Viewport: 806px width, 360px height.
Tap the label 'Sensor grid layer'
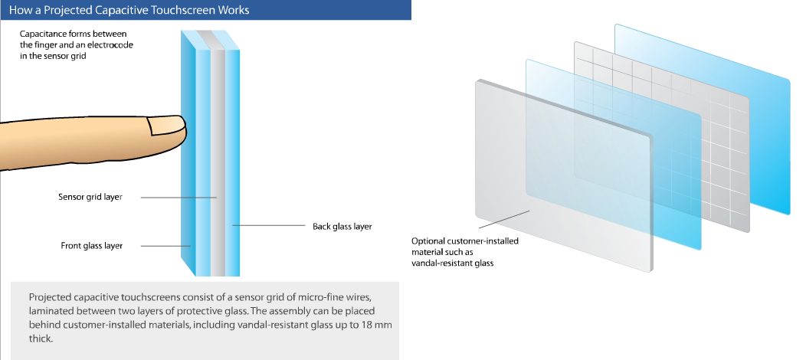click(90, 197)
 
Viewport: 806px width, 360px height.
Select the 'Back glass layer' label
click(342, 226)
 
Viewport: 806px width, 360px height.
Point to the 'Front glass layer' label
click(91, 245)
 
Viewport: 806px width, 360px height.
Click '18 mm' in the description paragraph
click(374, 325)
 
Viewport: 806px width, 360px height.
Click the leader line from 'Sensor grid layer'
click(179, 197)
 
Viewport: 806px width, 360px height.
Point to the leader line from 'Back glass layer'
click(269, 225)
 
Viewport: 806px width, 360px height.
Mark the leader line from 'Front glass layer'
click(165, 246)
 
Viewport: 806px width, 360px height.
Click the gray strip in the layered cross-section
click(218, 154)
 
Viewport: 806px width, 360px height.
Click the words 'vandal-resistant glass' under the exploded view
click(452, 263)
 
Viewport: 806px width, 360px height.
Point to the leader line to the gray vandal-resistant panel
click(504, 219)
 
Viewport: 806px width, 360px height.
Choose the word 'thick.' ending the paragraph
click(41, 339)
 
